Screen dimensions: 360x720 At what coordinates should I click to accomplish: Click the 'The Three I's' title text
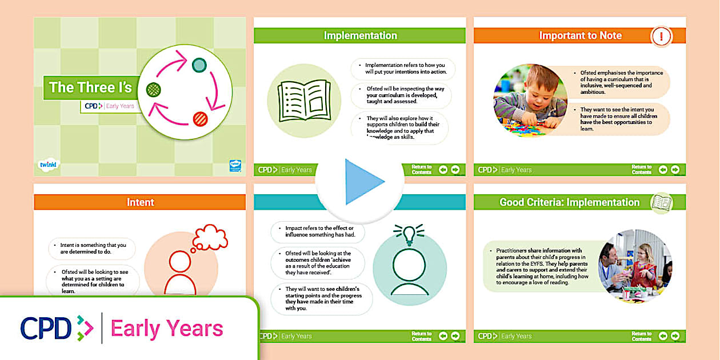pyautogui.click(x=90, y=87)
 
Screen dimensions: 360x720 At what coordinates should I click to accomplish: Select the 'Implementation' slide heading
pyautogui.click(x=360, y=35)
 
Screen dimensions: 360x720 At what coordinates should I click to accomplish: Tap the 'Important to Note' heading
pyautogui.click(x=580, y=35)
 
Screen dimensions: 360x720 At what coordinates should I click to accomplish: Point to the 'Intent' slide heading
pyautogui.click(x=140, y=202)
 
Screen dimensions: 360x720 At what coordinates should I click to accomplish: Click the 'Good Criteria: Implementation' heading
pyautogui.click(x=569, y=202)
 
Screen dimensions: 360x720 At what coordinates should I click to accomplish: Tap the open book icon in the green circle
pyautogui.click(x=304, y=101)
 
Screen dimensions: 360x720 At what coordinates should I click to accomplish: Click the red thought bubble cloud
pyautogui.click(x=210, y=237)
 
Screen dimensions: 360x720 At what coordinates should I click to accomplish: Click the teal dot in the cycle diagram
pyautogui.click(x=199, y=65)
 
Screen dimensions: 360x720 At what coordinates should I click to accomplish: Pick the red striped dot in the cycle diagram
pyautogui.click(x=200, y=118)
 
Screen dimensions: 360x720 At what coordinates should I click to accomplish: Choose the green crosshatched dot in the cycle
pyautogui.click(x=153, y=90)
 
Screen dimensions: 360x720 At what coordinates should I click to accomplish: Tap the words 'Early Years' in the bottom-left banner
pyautogui.click(x=167, y=329)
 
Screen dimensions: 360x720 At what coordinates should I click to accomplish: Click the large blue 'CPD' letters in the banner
pyautogui.click(x=46, y=328)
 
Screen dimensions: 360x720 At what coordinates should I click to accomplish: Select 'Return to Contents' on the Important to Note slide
pyautogui.click(x=641, y=170)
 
